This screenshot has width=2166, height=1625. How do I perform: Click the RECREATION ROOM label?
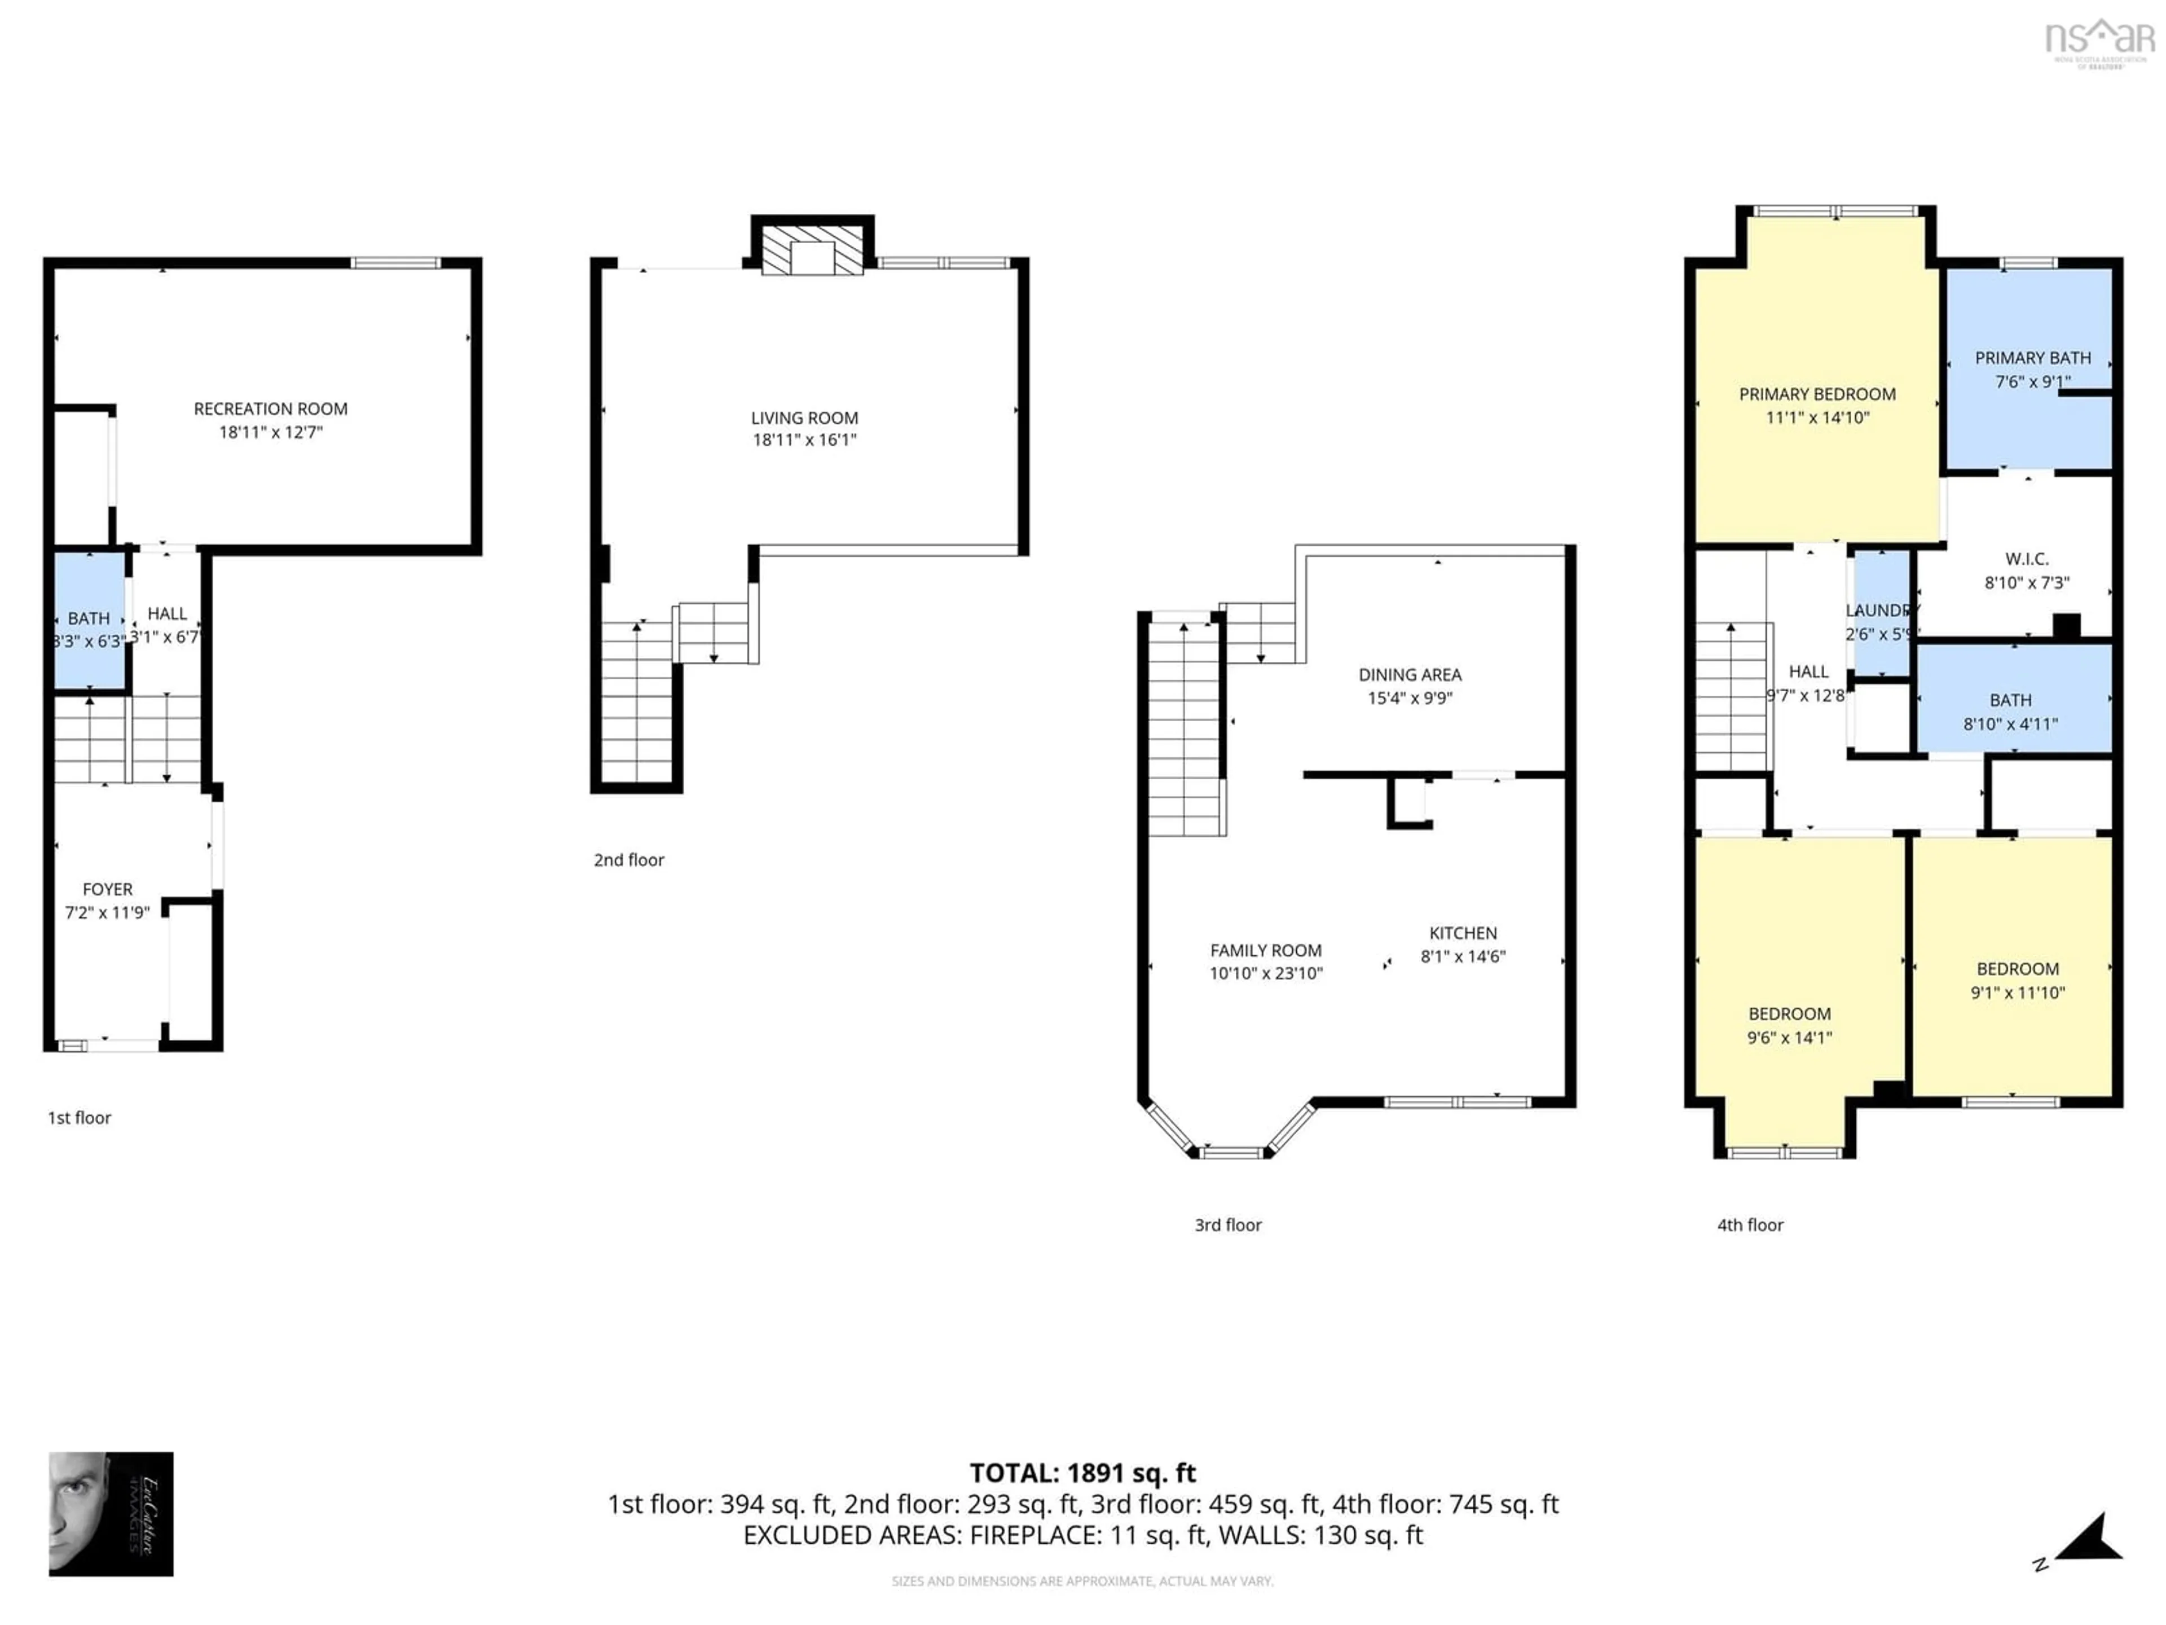pyautogui.click(x=270, y=409)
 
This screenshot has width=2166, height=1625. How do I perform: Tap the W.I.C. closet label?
pyautogui.click(x=2026, y=559)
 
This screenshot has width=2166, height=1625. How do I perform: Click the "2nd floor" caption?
pyautogui.click(x=629, y=860)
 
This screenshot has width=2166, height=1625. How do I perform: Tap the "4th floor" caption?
pyautogui.click(x=1750, y=1226)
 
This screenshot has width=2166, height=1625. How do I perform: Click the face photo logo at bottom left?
pyautogui.click(x=111, y=1513)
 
